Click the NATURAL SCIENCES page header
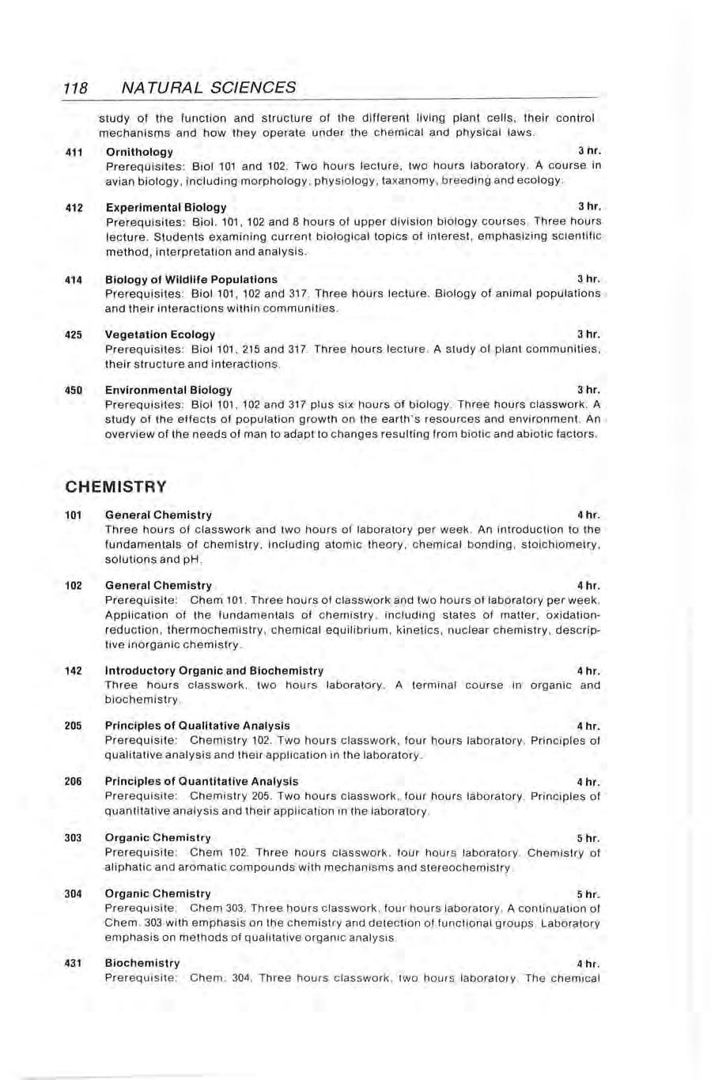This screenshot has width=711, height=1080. pos(210,88)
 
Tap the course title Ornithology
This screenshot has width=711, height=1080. pos(139,152)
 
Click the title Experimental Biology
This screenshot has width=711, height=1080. pos(166,207)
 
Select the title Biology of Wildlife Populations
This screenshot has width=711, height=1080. pos(191,279)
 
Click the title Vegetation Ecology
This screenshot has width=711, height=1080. pos(161,334)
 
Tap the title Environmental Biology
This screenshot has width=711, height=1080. pos(168,390)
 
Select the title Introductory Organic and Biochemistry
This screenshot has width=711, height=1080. pos(214,670)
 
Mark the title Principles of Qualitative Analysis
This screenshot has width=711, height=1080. pos(198,725)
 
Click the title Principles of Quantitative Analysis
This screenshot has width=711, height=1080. pos(202,781)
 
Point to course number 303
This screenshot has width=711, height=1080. pos(74,837)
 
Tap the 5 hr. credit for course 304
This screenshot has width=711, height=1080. pos(588,894)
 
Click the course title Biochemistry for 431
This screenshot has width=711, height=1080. pos(142,963)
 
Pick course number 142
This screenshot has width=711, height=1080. pos(74,670)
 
